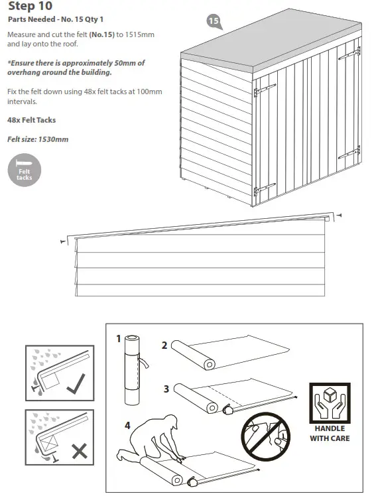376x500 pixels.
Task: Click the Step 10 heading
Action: [27, 7]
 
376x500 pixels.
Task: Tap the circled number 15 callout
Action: [213, 21]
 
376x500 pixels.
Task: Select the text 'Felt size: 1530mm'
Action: [38, 139]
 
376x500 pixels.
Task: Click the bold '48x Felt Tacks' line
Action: [31, 120]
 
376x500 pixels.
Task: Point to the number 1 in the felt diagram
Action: [119, 339]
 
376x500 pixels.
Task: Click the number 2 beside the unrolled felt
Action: [164, 345]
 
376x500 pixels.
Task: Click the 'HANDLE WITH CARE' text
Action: [329, 434]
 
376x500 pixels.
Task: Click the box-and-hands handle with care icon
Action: [329, 403]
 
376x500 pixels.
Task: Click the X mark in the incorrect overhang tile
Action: [79, 451]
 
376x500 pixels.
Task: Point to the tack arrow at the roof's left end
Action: [64, 243]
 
